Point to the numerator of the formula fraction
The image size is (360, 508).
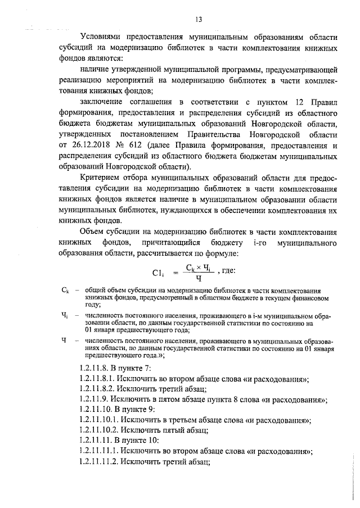198,268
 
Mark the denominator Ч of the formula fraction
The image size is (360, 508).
199,278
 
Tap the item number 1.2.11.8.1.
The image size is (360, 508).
99,379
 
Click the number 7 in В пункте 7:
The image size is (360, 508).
147,369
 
